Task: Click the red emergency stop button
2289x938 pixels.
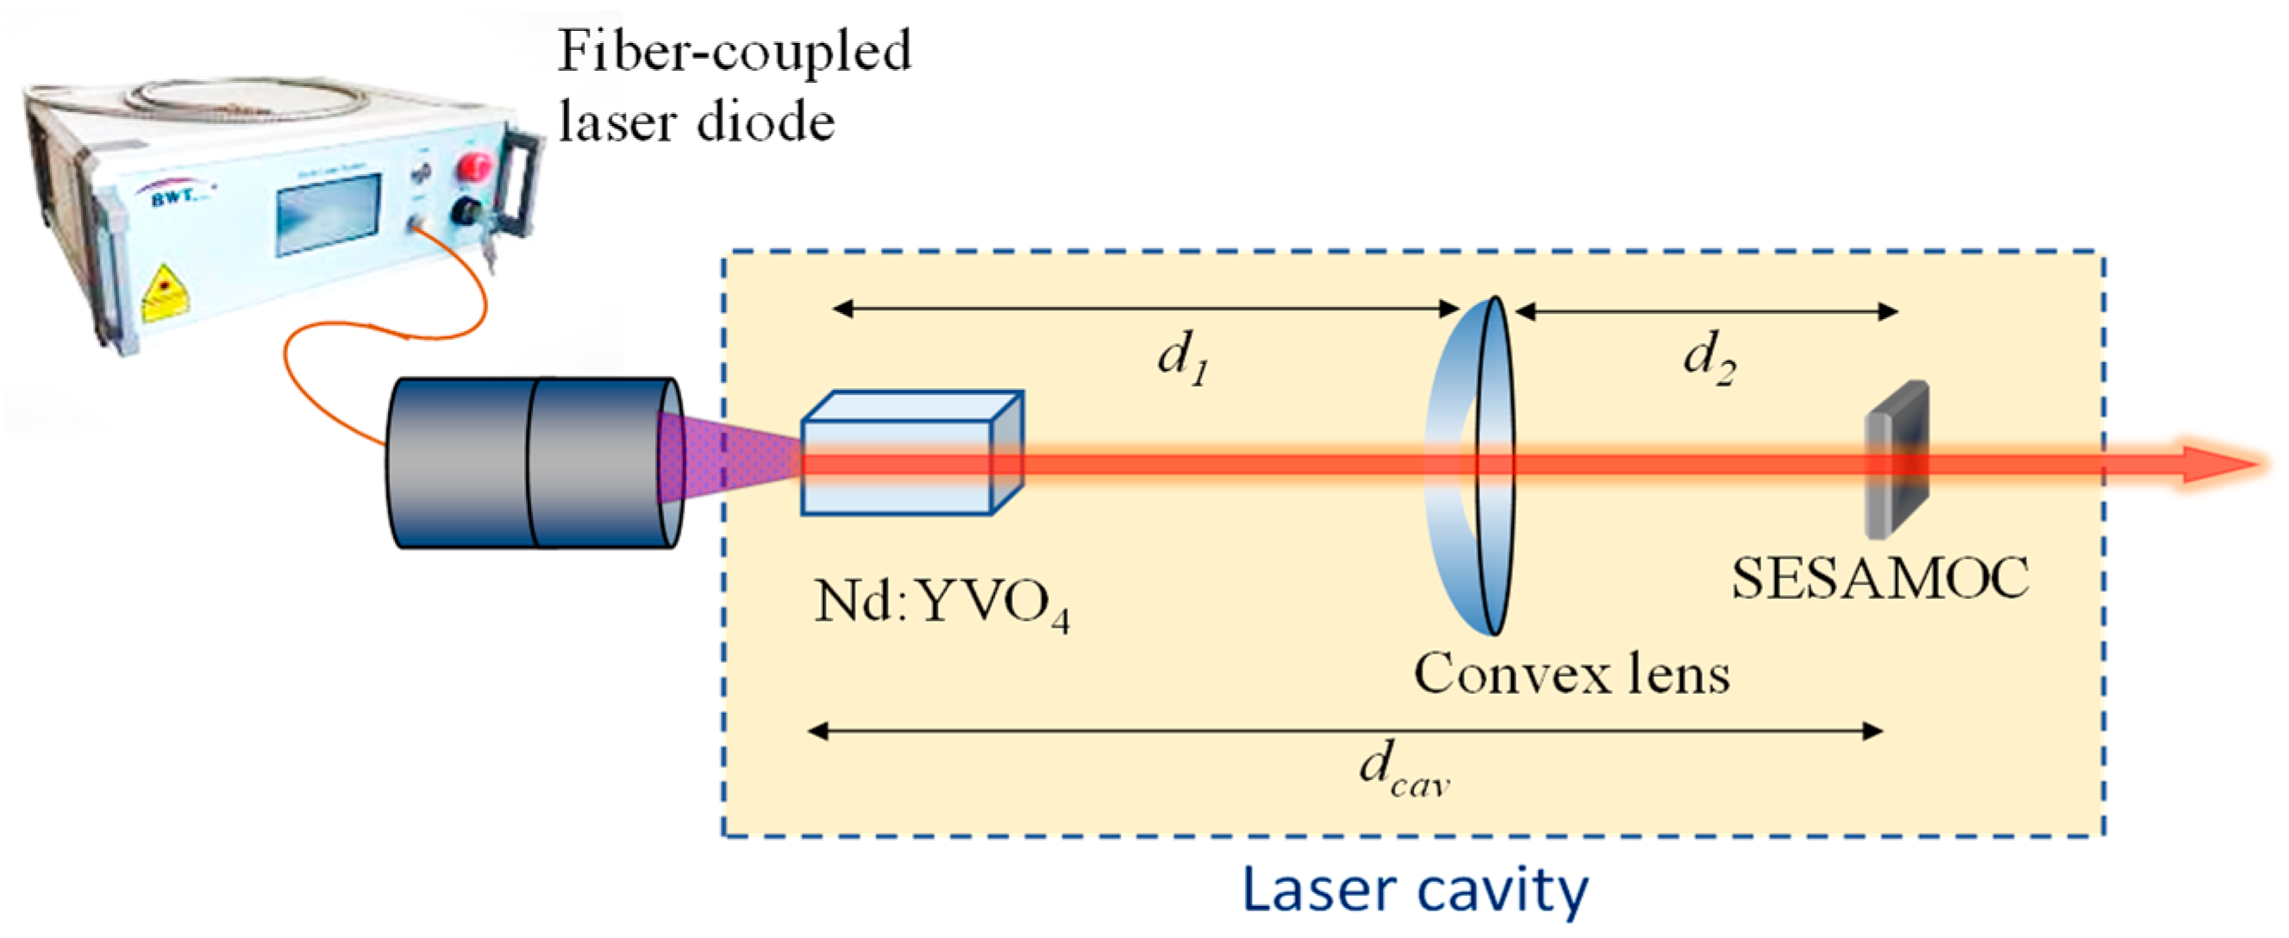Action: tap(474, 167)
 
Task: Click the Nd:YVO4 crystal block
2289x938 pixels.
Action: tap(911, 453)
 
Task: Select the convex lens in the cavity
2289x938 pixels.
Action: tap(1472, 466)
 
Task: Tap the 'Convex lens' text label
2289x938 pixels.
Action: tap(1571, 674)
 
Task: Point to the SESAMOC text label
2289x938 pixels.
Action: tap(1880, 579)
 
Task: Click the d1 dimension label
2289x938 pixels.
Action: tap(1182, 359)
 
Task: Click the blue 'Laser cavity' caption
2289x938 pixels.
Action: tap(1415, 889)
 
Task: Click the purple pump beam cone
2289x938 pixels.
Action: tap(729, 458)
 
